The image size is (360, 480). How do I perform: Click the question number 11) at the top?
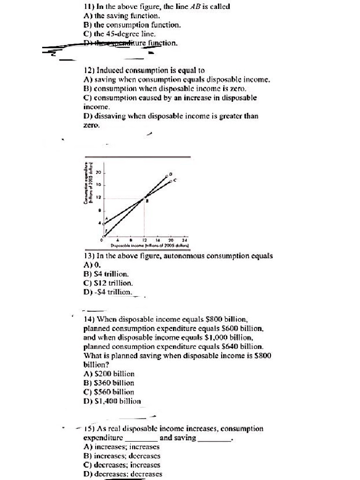(89, 7)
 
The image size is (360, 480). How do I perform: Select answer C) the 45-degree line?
(120, 34)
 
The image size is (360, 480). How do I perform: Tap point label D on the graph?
(170, 174)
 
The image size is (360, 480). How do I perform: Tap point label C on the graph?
(175, 180)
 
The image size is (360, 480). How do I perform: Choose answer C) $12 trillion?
(108, 283)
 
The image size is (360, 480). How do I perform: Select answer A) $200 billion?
(109, 374)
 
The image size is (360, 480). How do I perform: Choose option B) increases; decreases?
(121, 456)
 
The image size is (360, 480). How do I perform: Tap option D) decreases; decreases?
(122, 473)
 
